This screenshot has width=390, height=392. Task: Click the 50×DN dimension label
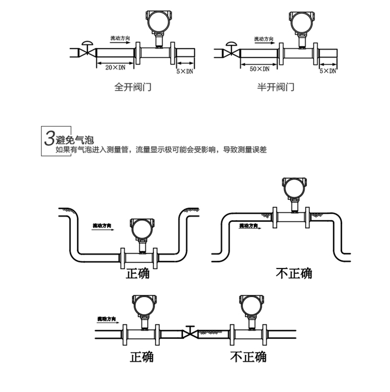click(260, 69)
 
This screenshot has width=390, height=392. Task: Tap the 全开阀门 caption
click(132, 88)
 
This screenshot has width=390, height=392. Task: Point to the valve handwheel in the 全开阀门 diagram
click(87, 44)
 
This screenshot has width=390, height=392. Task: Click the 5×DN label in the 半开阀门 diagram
click(328, 71)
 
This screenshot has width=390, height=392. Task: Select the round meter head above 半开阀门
click(301, 22)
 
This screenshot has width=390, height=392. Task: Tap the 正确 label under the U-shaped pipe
click(138, 273)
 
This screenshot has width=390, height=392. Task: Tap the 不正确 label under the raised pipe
click(294, 273)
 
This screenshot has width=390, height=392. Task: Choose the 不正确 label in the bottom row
click(248, 356)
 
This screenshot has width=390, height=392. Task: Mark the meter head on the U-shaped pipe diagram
click(140, 228)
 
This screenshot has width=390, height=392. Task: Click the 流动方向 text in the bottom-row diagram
click(106, 319)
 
